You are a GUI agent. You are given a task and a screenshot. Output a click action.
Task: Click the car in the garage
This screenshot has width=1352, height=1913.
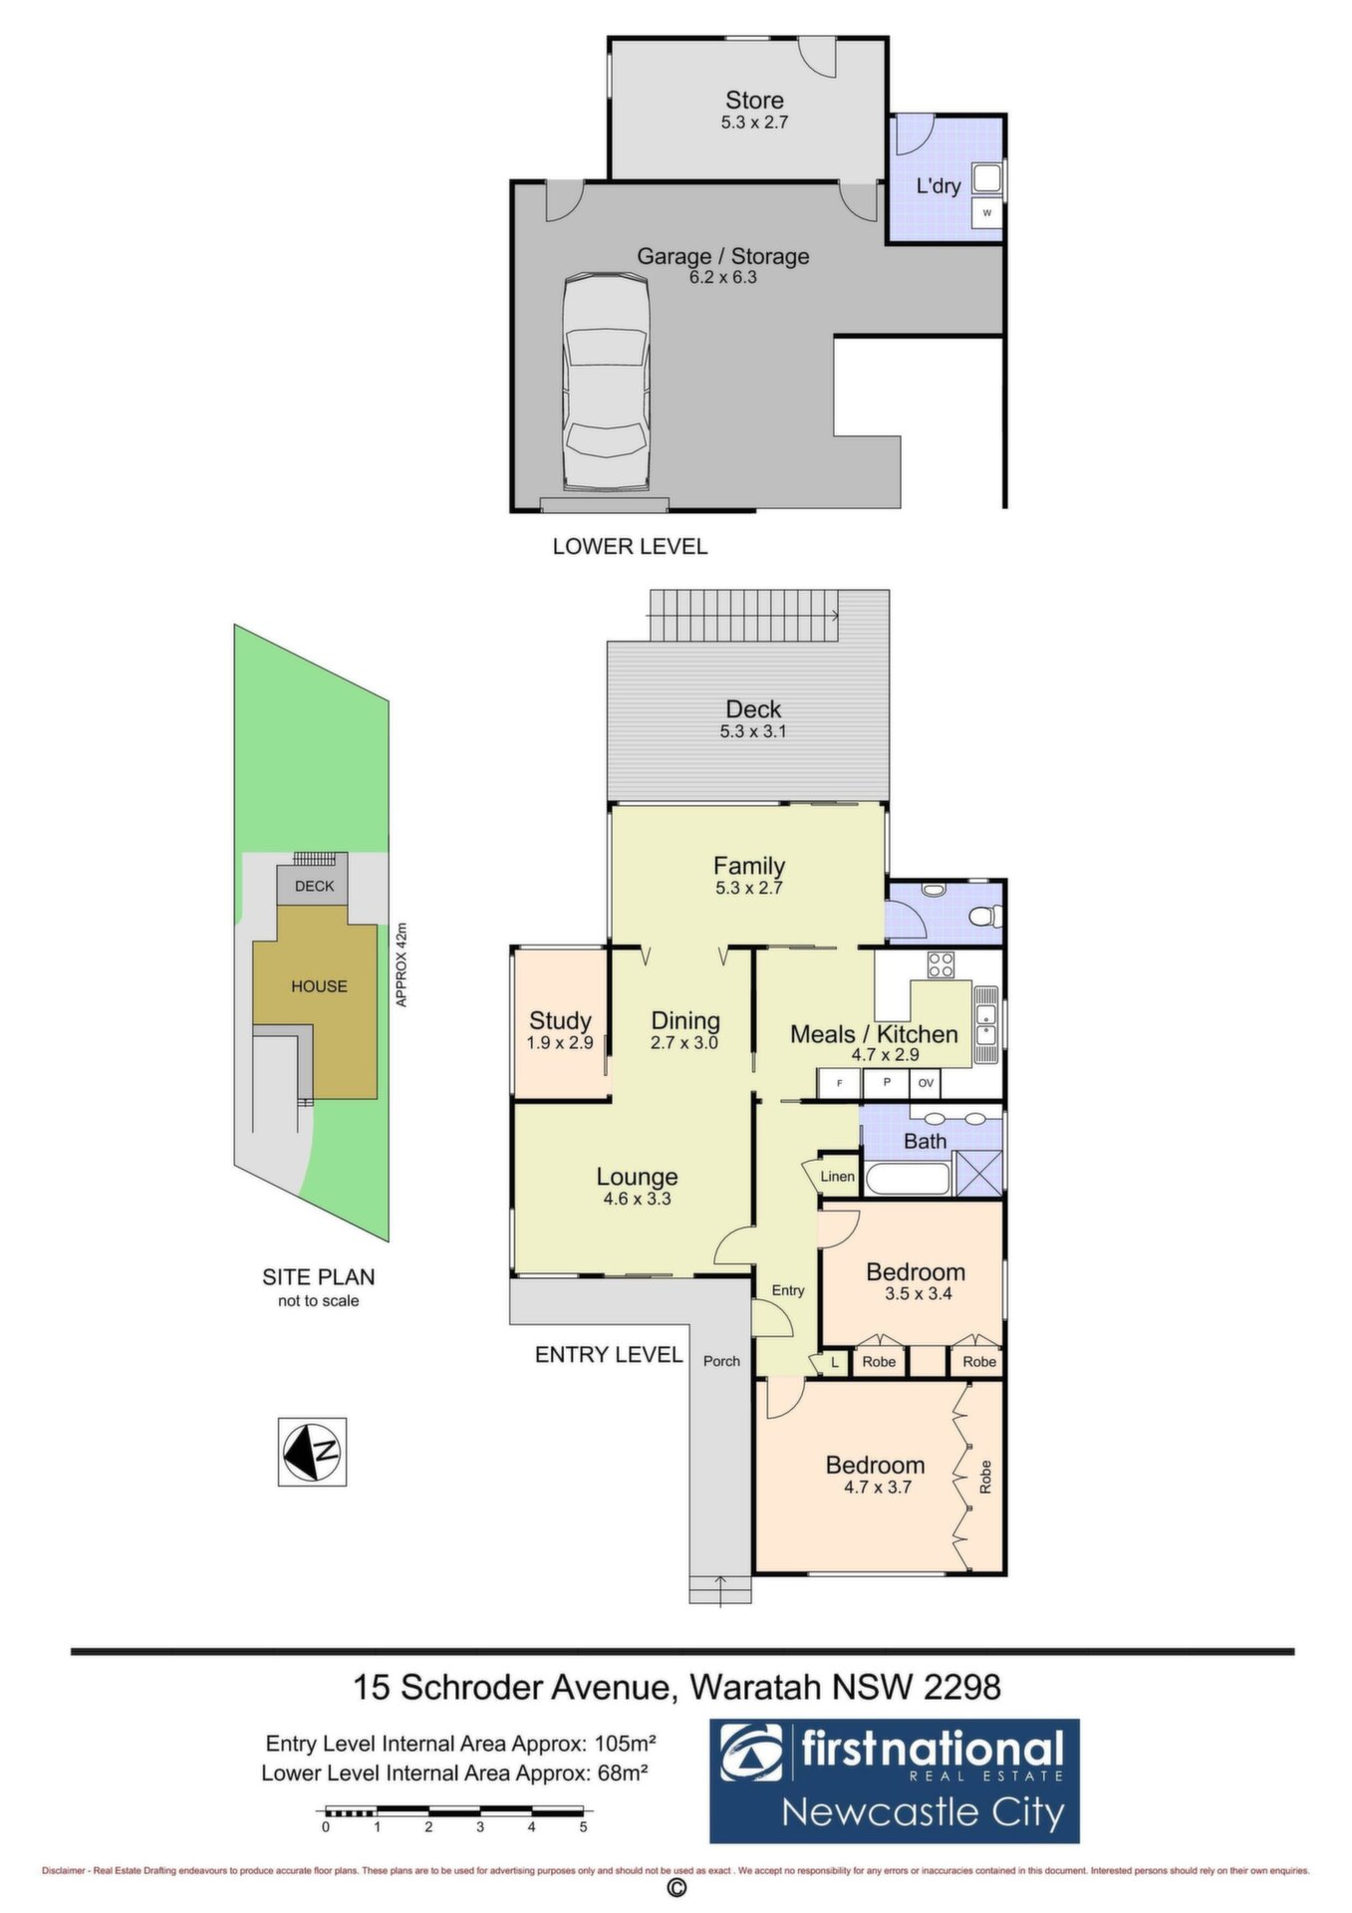coord(605,384)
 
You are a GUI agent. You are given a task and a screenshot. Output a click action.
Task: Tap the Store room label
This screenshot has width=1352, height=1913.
coord(754,100)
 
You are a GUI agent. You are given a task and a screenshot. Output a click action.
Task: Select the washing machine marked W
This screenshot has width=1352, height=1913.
coord(986,212)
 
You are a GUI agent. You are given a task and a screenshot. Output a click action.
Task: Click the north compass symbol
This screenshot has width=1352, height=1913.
coord(312,1452)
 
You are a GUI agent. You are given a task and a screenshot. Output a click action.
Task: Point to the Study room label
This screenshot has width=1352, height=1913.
coord(560,1020)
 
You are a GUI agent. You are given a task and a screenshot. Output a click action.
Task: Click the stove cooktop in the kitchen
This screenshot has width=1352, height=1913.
coord(941,964)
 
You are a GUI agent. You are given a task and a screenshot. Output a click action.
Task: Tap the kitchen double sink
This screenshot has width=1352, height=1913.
coord(986,1025)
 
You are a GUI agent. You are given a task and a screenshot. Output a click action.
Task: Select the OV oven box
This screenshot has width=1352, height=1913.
coord(926,1083)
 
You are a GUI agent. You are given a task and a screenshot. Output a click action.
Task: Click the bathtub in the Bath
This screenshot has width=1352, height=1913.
coord(909,1179)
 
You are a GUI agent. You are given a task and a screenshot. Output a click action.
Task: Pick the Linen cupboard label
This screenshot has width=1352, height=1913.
coord(837,1177)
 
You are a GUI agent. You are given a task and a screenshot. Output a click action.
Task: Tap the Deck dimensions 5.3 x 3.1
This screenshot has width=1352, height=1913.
coord(753,731)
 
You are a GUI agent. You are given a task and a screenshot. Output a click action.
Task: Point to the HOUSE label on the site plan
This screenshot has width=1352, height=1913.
coord(319,986)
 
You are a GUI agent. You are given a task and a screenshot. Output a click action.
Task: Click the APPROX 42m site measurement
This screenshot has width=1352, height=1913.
coord(402,964)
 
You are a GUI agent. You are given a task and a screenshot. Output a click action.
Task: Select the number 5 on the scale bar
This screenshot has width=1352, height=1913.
coord(584,1826)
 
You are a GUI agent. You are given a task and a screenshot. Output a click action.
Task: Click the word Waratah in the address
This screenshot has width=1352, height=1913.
coord(756,1687)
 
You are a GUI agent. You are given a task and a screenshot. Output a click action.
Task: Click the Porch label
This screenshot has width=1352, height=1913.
coord(721,1361)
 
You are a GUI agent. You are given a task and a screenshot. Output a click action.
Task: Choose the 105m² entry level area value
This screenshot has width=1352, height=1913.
coord(625,1744)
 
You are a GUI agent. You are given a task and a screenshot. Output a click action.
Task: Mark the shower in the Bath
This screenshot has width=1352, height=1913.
coord(978,1174)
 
